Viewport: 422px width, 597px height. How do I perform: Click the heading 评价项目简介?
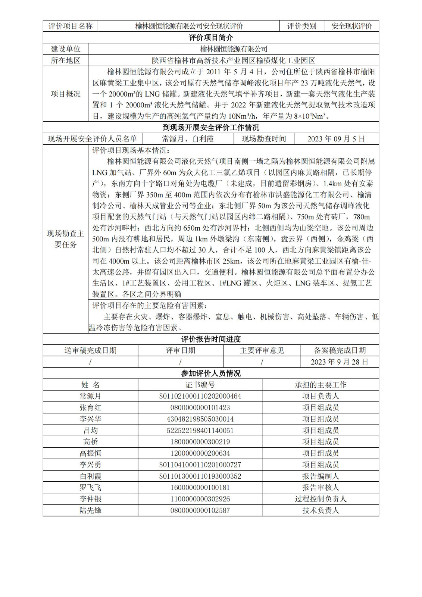[x=211, y=38]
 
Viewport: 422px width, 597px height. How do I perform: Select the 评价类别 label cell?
[x=301, y=26]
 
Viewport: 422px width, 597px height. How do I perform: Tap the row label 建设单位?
[x=66, y=49]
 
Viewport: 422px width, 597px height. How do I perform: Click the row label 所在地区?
[x=66, y=60]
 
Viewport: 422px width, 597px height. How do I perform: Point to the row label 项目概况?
[x=66, y=94]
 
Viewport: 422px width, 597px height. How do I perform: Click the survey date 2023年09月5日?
[x=336, y=139]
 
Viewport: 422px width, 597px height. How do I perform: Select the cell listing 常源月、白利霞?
[x=188, y=139]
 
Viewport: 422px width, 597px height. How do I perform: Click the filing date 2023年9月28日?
[x=340, y=362]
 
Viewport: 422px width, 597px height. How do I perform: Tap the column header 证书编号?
[x=200, y=385]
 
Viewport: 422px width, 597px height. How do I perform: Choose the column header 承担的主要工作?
[x=321, y=385]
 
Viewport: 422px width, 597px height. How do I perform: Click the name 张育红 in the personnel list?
[x=90, y=407]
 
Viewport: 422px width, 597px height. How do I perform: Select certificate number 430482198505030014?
[x=200, y=419]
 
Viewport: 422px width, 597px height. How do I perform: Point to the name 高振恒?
[x=90, y=453]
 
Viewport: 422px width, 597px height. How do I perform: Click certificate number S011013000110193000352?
[x=200, y=476]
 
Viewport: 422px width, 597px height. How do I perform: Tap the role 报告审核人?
[x=321, y=487]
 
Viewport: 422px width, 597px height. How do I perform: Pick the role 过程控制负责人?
[x=321, y=499]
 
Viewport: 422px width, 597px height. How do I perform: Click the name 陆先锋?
[x=90, y=510]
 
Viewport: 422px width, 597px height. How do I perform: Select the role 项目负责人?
[x=321, y=396]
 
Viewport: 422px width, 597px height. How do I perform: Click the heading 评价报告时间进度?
[x=211, y=339]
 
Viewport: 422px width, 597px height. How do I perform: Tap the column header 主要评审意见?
[x=262, y=350]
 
